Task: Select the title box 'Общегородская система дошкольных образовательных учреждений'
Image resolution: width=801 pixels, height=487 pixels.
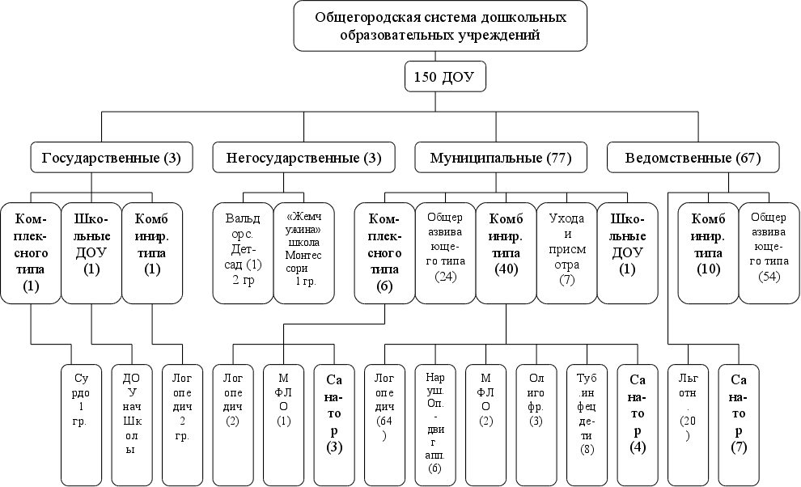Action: pos(439,26)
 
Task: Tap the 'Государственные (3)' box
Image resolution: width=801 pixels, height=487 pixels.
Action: pos(112,158)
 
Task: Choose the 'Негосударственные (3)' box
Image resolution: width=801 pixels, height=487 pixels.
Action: pos(296,158)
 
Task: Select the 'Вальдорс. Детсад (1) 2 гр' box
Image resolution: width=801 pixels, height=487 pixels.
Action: pos(242,252)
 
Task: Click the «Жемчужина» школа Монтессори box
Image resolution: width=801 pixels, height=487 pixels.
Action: pos(303,252)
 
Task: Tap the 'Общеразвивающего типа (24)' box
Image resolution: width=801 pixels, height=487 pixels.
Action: pos(443,252)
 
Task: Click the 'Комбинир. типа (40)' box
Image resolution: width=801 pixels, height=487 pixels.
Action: pos(505,252)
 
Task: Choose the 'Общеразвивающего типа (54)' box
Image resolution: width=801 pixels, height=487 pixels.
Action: pos(769,252)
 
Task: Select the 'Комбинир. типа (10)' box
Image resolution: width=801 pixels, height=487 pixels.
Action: pos(707,252)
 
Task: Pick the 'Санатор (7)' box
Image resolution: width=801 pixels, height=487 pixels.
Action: pos(739,422)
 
